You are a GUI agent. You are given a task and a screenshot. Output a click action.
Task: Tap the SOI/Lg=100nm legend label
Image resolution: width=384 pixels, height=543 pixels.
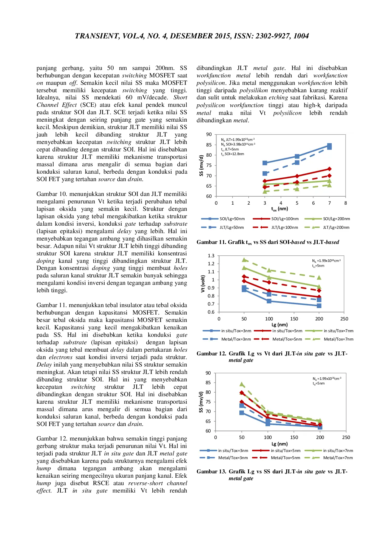click(x=285, y=219)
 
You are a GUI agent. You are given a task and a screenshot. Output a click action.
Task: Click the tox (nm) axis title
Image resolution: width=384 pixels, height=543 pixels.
click(x=279, y=209)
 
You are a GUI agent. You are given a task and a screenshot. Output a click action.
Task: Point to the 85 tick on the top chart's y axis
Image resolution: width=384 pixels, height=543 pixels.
click(x=209, y=145)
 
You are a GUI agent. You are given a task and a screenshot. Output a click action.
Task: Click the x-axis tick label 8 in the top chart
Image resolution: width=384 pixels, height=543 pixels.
click(x=346, y=203)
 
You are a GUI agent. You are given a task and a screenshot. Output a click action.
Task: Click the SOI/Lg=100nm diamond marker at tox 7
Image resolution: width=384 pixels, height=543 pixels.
click(x=329, y=169)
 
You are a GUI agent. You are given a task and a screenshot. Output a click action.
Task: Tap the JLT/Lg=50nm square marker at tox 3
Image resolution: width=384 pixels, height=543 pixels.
click(x=265, y=173)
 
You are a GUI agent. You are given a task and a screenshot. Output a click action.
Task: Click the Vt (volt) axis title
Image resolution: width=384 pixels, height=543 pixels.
click(x=203, y=284)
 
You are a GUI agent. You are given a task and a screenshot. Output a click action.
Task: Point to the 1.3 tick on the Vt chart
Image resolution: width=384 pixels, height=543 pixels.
click(x=211, y=256)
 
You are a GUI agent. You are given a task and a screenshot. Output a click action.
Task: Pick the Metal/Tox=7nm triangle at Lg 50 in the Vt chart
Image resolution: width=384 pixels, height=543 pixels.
click(x=244, y=260)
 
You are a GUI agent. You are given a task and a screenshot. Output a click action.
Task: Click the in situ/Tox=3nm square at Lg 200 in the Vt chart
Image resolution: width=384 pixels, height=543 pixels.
click(x=319, y=306)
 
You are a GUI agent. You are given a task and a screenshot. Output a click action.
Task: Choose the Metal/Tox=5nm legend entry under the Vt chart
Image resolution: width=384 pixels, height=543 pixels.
click(x=287, y=339)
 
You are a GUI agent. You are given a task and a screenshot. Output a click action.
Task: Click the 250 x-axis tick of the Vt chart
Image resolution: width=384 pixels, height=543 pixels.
click(x=344, y=319)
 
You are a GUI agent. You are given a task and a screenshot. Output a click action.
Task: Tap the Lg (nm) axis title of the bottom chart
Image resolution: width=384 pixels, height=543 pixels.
click(x=280, y=444)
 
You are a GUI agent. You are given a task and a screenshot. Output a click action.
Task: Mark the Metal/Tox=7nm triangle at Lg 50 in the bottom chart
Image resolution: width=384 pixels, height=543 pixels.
click(x=242, y=384)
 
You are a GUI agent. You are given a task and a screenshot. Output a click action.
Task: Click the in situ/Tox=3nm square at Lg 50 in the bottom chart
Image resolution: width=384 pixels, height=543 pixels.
click(x=242, y=413)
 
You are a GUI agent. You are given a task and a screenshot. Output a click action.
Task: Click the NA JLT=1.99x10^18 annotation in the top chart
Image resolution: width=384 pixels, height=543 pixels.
click(x=238, y=140)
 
